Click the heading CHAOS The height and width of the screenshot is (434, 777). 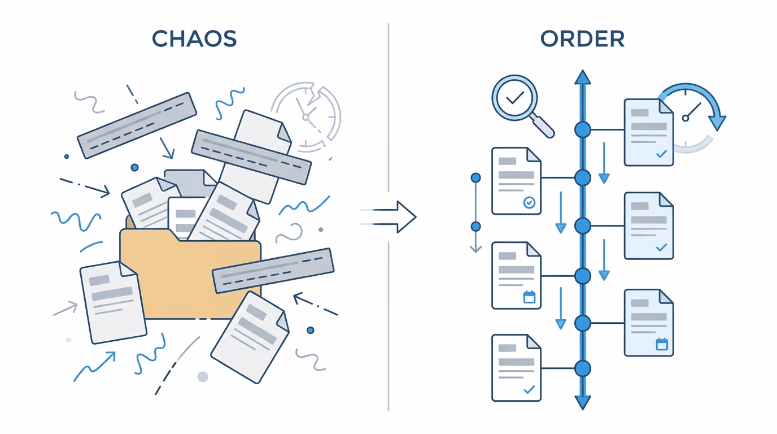pos(194,39)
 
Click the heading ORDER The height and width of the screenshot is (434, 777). pos(582,39)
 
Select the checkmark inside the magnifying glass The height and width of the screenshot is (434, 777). pos(515,98)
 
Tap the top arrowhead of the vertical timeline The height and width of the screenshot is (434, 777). pos(582,78)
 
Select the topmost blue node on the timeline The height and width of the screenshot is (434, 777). pos(582,129)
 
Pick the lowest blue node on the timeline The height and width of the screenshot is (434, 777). pos(582,368)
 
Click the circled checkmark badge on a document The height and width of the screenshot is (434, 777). pos(530,202)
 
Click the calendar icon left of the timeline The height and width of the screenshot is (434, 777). pos(529,297)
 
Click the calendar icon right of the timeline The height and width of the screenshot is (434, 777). pos(662,344)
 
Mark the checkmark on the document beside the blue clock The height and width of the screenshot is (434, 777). pos(662,153)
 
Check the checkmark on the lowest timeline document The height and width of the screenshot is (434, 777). pos(529,389)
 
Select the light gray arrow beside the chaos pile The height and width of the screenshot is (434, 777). pos(66,309)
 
